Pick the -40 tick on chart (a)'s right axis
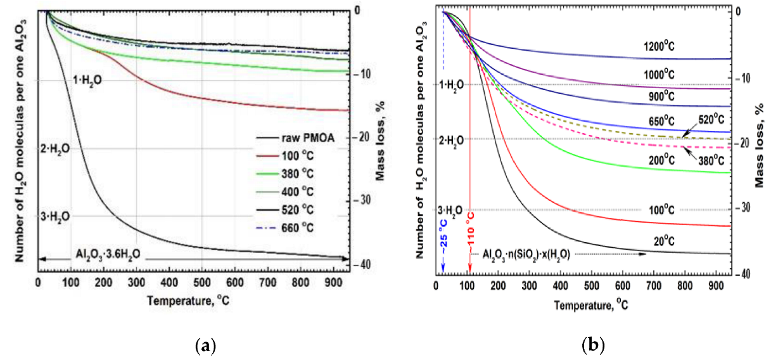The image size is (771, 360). click(363, 264)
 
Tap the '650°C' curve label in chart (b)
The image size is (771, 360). click(662, 119)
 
